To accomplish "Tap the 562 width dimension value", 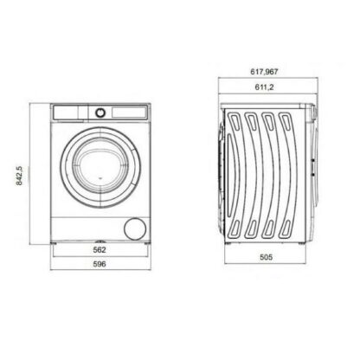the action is pyautogui.click(x=100, y=250).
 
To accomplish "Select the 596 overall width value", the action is pyautogui.click(x=100, y=264).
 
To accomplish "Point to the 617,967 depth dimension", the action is pyautogui.click(x=264, y=72).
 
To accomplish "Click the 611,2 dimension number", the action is pyautogui.click(x=264, y=87).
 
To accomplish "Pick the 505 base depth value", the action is pyautogui.click(x=266, y=257).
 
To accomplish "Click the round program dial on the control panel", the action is pyautogui.click(x=100, y=112).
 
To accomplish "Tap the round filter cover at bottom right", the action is pyautogui.click(x=135, y=228).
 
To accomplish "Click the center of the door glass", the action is pyautogui.click(x=100, y=168).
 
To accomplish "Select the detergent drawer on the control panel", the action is pyautogui.click(x=66, y=112).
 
